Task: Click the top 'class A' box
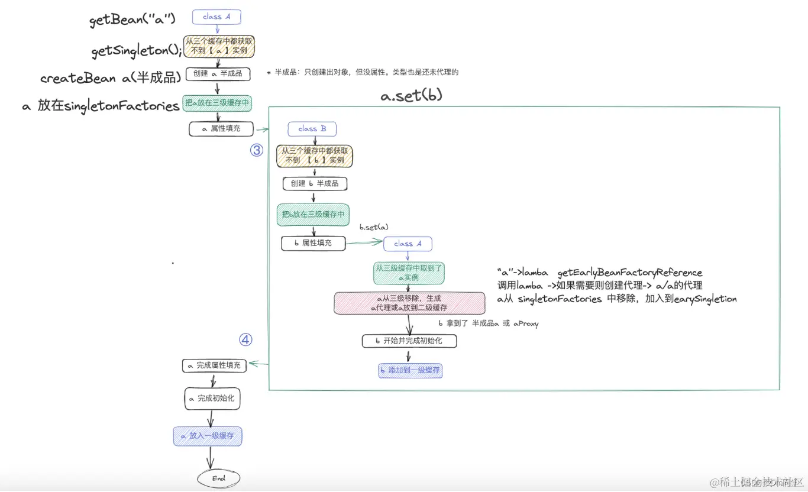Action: click(x=217, y=17)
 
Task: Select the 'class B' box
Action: click(x=312, y=129)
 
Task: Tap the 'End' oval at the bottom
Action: click(x=219, y=478)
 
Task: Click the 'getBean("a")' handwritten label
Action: click(x=132, y=21)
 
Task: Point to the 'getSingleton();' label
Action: click(x=137, y=51)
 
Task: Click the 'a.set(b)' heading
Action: click(x=411, y=95)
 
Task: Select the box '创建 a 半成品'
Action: click(x=218, y=74)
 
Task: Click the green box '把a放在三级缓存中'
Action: click(x=217, y=103)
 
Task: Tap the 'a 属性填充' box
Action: click(x=221, y=128)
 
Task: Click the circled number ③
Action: click(x=256, y=150)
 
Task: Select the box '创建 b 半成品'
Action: click(x=315, y=183)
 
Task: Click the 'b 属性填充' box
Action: click(x=313, y=243)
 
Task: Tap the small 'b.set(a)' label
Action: click(x=374, y=227)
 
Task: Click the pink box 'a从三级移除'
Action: click(x=409, y=303)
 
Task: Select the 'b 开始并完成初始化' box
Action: click(x=409, y=341)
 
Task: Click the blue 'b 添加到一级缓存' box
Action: click(x=410, y=370)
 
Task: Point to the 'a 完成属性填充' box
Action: click(x=214, y=365)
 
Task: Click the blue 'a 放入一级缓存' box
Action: click(x=208, y=436)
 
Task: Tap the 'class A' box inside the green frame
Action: click(x=408, y=244)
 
